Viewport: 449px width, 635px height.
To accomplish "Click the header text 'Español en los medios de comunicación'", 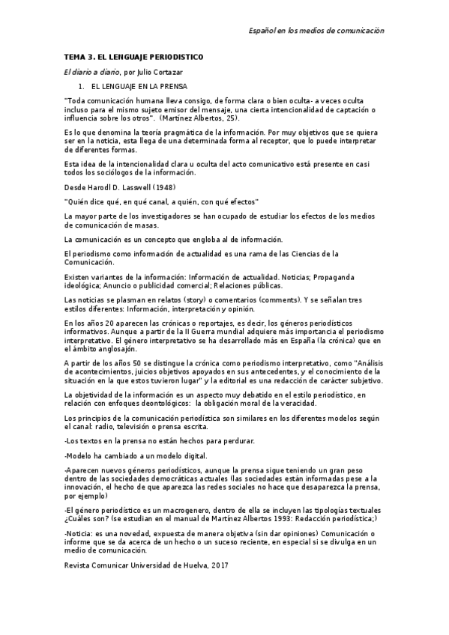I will [x=316, y=31].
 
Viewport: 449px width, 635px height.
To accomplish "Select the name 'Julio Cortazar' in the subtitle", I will [x=160, y=72].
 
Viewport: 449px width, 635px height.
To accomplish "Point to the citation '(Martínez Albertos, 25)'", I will [x=200, y=118].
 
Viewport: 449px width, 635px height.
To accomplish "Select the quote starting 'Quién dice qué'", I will [x=162, y=202].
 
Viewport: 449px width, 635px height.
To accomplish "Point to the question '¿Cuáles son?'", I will [x=88, y=517].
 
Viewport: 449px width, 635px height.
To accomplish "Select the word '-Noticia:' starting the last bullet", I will [x=79, y=532].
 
